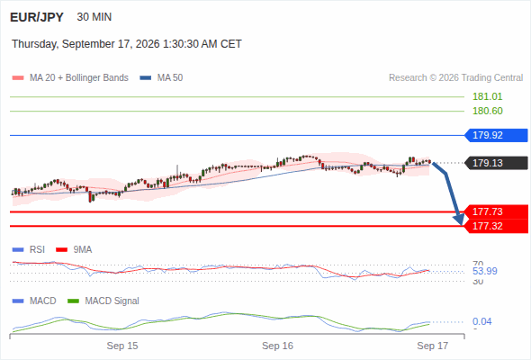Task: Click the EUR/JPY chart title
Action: pos(37,17)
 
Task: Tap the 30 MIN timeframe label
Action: pos(94,17)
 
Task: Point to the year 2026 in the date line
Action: pos(148,44)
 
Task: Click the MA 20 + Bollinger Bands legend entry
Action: pos(70,78)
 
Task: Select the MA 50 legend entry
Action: pos(161,78)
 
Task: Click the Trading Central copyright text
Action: pos(455,78)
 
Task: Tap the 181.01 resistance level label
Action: pos(487,96)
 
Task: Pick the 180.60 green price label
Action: pos(487,111)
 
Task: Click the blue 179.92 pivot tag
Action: pos(496,135)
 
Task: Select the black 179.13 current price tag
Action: pos(496,163)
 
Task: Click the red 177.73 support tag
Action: pos(496,211)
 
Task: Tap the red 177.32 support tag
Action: pos(496,226)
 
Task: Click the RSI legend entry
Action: pos(29,249)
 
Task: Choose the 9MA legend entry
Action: pos(74,249)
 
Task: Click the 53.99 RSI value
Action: pos(485,271)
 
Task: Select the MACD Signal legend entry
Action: pos(103,301)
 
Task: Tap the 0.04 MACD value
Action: pos(481,321)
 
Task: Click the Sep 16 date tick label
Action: pos(277,346)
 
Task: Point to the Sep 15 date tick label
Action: pos(122,346)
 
